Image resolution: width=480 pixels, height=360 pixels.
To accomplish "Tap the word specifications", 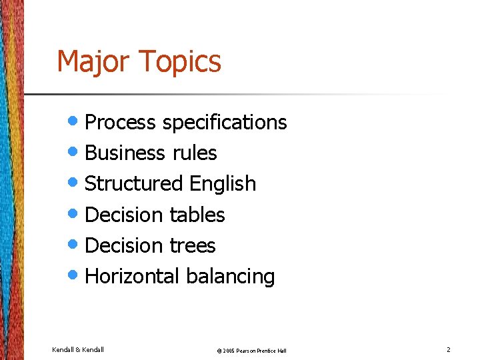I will tap(225, 123).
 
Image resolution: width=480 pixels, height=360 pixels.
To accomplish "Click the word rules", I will tap(195, 153).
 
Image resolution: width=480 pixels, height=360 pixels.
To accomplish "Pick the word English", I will tap(223, 183).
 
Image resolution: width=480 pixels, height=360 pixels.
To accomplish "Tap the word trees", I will tap(193, 245).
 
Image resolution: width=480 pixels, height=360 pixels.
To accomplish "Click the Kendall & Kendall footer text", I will tap(78, 349).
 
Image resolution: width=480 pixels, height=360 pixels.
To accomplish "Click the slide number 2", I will tap(448, 349).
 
